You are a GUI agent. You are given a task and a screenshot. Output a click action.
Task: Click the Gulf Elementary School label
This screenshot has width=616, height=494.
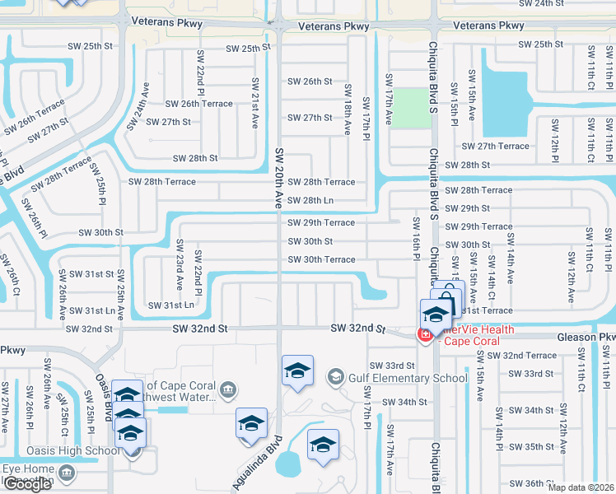[409, 379]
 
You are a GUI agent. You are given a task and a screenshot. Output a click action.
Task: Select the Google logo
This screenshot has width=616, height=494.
[26, 484]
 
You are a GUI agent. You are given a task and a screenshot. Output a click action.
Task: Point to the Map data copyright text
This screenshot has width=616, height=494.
[580, 487]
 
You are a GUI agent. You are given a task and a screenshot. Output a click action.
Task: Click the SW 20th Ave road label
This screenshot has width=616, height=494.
[279, 177]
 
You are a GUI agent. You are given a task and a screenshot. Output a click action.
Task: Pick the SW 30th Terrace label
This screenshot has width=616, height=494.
[320, 260]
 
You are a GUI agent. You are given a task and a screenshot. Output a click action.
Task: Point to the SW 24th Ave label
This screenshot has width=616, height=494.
[137, 106]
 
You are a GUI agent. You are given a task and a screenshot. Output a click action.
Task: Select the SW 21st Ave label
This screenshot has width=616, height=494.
[255, 104]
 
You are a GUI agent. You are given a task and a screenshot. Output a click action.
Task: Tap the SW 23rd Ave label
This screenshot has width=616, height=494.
[180, 264]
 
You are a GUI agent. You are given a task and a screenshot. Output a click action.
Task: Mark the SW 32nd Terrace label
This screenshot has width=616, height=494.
[521, 356]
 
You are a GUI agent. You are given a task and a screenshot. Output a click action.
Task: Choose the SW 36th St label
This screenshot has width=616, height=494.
[531, 483]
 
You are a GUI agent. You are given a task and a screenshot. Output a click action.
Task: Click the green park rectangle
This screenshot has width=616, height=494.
[410, 108]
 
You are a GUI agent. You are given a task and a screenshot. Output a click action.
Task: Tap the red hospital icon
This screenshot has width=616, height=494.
[425, 335]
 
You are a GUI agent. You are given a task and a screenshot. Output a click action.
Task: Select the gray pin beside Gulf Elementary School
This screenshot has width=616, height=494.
[335, 378]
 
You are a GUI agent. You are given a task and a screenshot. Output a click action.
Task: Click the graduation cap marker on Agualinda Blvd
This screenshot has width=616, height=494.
[251, 423]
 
